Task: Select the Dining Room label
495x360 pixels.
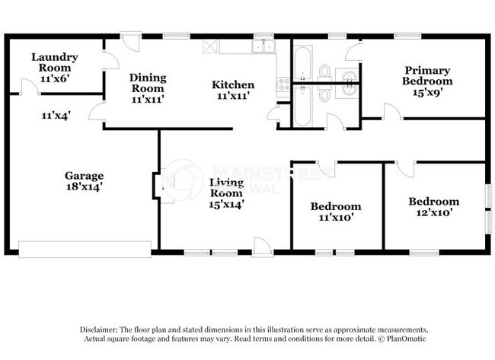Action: (x=148, y=83)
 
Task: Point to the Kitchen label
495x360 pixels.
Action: (x=232, y=84)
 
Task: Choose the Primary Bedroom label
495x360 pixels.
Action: (x=429, y=75)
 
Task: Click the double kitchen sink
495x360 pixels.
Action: (x=264, y=46)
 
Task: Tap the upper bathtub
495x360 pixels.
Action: (x=302, y=62)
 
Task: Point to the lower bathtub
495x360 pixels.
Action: (x=302, y=105)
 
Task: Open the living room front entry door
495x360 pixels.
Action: (x=262, y=245)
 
